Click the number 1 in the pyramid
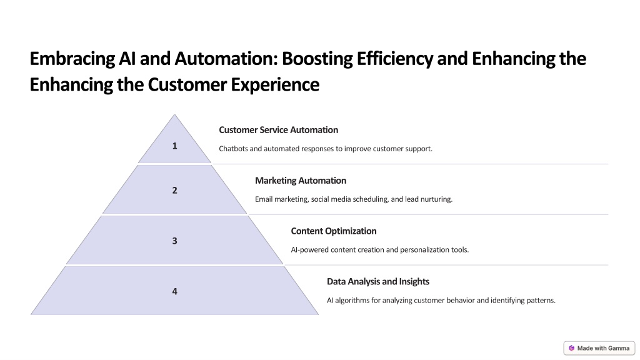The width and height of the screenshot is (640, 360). coord(175,146)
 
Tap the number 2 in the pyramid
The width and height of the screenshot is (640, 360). coord(175,190)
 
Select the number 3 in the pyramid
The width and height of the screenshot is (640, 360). coord(175,241)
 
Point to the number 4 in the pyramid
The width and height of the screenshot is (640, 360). coord(175,291)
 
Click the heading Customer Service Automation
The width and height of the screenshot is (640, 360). coord(278,130)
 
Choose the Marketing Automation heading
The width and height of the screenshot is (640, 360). coord(301,181)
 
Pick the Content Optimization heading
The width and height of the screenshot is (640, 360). coord(334,231)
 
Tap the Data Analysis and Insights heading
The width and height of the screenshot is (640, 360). coord(378,282)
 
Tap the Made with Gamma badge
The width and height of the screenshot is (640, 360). coord(599,348)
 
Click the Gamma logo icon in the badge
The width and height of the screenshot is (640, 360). coord(571,348)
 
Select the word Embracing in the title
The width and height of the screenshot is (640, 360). coord(72,59)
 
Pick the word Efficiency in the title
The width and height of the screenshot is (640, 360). coord(394,59)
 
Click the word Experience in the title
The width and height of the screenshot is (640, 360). coord(275,85)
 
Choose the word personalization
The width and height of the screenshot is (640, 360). coord(424,250)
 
